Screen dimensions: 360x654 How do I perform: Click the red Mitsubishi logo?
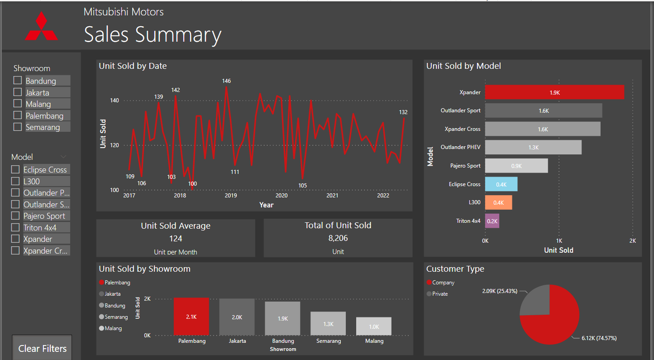click(41, 26)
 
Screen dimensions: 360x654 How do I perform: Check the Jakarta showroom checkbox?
click(18, 92)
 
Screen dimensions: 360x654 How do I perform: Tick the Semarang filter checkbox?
click(18, 127)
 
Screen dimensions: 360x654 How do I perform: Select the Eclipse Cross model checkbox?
click(15, 169)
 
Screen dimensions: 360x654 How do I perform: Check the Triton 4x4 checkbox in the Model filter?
click(15, 227)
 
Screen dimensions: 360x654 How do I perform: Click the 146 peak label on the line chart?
click(226, 81)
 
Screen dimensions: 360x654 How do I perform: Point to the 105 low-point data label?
click(302, 186)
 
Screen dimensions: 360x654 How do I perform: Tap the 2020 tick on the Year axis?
click(282, 196)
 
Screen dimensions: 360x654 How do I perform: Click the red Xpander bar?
click(554, 92)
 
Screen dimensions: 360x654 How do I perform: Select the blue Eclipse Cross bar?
click(501, 184)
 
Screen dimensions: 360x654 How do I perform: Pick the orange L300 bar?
click(498, 202)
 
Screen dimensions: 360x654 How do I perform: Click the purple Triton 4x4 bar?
click(492, 221)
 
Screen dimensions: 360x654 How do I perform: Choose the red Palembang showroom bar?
click(191, 317)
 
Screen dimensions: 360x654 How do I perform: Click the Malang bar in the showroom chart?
click(374, 326)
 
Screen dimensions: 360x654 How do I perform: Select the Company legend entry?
click(443, 283)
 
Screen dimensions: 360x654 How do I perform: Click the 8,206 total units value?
click(338, 238)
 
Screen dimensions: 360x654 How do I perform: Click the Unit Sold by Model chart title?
click(463, 66)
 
